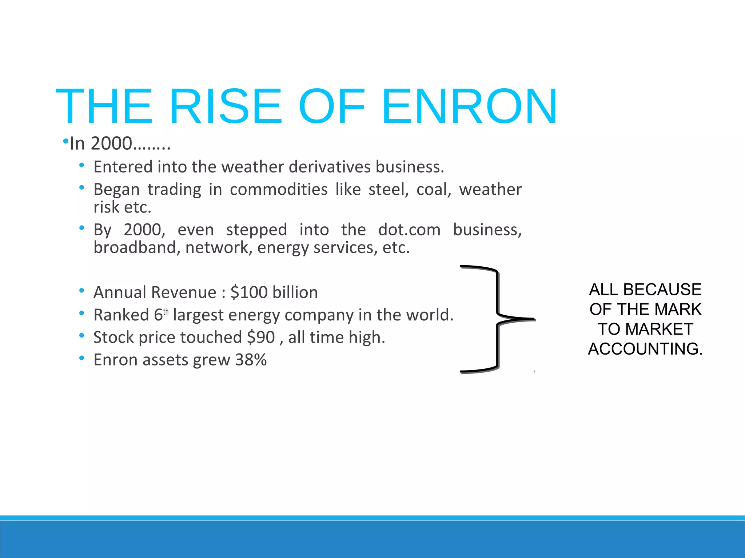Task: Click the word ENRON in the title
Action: coord(469,106)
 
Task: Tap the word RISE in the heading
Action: coord(225,106)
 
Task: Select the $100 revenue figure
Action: coord(249,292)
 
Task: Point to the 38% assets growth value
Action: coord(251,360)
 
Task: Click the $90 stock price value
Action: coord(261,337)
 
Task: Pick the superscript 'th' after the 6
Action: coord(166,312)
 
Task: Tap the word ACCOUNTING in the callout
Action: coord(645,349)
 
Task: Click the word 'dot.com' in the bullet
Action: coord(409,230)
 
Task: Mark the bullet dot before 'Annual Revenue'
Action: coord(82,291)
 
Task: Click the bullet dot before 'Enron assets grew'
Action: coord(82,359)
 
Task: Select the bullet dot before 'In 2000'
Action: coord(65,141)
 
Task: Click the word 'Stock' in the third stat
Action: coord(113,337)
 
